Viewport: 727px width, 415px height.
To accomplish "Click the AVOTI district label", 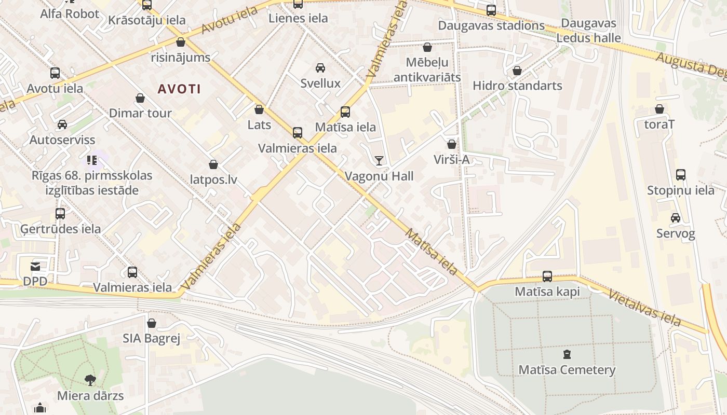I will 179,89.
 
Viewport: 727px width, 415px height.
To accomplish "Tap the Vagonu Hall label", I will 379,176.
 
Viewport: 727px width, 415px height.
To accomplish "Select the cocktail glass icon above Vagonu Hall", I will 379,160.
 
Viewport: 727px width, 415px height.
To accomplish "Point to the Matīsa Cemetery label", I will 567,370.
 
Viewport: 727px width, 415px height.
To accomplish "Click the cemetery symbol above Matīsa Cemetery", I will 567,355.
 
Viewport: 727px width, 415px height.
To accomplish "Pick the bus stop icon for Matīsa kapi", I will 547,276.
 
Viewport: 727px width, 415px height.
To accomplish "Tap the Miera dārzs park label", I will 90,396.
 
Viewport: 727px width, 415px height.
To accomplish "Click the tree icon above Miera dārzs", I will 90,380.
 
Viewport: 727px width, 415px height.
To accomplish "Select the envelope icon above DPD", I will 35,267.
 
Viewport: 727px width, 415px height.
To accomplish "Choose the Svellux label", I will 320,83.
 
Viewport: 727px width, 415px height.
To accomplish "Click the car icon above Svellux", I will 320,68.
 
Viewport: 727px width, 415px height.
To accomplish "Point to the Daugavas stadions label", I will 491,25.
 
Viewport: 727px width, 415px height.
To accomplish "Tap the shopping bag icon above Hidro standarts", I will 517,71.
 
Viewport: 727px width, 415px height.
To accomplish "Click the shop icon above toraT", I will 659,109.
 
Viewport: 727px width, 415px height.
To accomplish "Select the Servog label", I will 675,233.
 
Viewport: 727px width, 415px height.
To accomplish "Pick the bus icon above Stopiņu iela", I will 680,175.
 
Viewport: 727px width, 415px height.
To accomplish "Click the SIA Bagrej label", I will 151,339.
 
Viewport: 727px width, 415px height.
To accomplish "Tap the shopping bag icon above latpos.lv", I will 213,164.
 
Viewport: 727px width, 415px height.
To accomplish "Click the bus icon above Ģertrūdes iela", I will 60,213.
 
